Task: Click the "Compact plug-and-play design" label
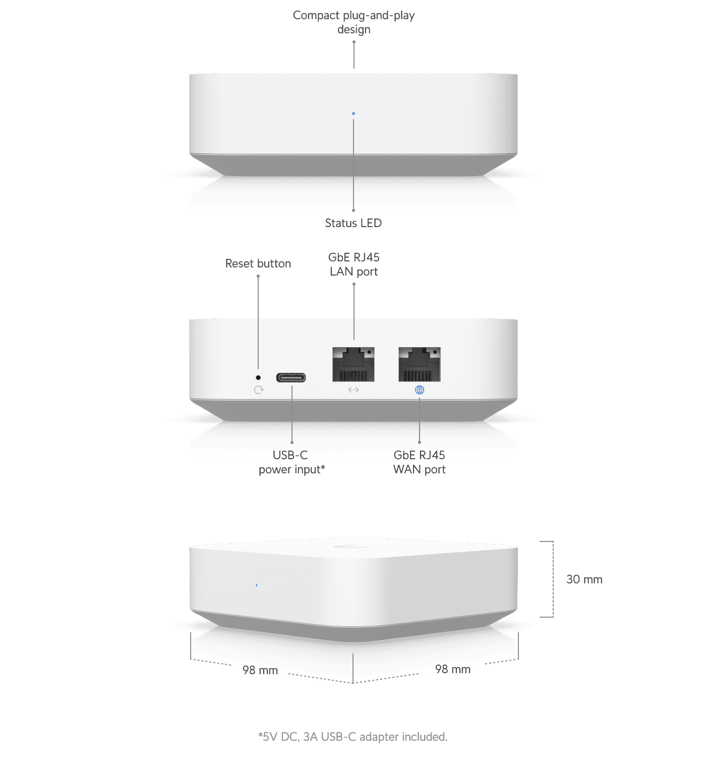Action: (354, 22)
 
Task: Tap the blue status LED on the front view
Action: (354, 114)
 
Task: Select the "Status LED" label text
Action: (354, 223)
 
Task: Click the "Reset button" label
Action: (258, 263)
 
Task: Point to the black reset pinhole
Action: (258, 377)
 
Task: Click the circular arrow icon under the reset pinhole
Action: (259, 390)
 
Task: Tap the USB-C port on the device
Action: (291, 377)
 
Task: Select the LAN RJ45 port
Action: (354, 364)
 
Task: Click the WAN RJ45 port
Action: (420, 364)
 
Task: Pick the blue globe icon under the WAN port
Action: (420, 390)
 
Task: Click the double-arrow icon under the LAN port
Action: (354, 390)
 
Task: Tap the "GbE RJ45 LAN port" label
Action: (354, 264)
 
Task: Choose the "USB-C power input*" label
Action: (291, 463)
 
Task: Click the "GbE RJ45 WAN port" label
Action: (420, 463)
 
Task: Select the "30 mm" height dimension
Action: (584, 579)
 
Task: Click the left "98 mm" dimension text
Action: (260, 670)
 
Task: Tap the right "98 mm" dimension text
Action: (453, 670)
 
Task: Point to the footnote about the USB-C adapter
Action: (353, 737)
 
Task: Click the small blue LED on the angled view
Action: (257, 585)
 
